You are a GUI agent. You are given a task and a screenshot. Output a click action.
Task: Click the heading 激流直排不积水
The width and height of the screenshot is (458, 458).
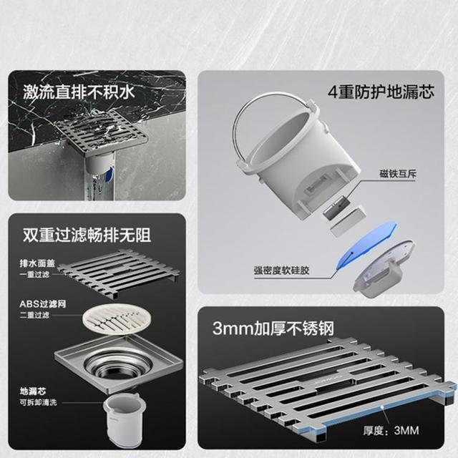coord(79,92)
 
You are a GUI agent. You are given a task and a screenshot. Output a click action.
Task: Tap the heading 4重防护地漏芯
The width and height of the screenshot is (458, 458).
coord(381,92)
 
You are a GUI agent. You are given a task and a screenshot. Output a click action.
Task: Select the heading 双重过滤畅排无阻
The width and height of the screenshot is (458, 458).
coord(87,235)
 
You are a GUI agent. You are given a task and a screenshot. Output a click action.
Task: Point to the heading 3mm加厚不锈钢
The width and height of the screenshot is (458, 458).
coord(273,328)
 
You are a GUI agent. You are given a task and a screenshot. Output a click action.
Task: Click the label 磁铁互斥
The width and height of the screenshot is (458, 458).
coord(398,174)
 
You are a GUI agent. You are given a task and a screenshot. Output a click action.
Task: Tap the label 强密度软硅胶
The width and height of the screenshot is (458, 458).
coord(281,271)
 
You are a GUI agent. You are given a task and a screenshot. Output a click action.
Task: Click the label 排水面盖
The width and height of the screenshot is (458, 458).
coord(37,263)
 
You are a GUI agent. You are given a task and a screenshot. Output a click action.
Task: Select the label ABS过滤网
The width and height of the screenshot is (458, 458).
coord(43,304)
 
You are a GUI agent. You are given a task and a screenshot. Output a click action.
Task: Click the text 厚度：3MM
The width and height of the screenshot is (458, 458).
coord(391,430)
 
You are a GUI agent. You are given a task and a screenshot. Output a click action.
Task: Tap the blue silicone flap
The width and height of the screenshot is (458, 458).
coord(367,243)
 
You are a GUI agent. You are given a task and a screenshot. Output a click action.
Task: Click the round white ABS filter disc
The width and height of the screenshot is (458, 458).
coord(117,319)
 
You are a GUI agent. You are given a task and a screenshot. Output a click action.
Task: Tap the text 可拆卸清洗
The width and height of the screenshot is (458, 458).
coord(38,402)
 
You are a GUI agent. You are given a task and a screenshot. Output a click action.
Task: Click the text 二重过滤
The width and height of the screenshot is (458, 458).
coord(34,315)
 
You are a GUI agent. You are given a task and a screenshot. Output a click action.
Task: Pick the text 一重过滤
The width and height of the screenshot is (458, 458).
coord(34,275)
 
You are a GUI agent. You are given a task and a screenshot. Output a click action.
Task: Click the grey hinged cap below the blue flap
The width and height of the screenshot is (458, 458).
coord(384,269)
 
